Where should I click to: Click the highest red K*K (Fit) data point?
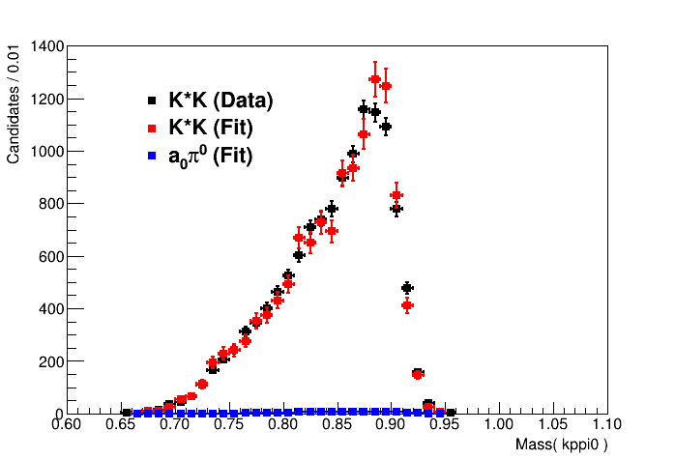point(374,79)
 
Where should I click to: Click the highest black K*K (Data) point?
point(364,109)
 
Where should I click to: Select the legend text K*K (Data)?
point(220,101)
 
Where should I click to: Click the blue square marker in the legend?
point(152,155)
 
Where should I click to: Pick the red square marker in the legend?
point(152,128)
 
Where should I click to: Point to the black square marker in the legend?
point(152,101)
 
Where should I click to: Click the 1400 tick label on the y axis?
point(45,46)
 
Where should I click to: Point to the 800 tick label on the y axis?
point(49,204)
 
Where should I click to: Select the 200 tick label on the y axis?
point(49,361)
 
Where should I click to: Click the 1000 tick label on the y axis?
point(45,152)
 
